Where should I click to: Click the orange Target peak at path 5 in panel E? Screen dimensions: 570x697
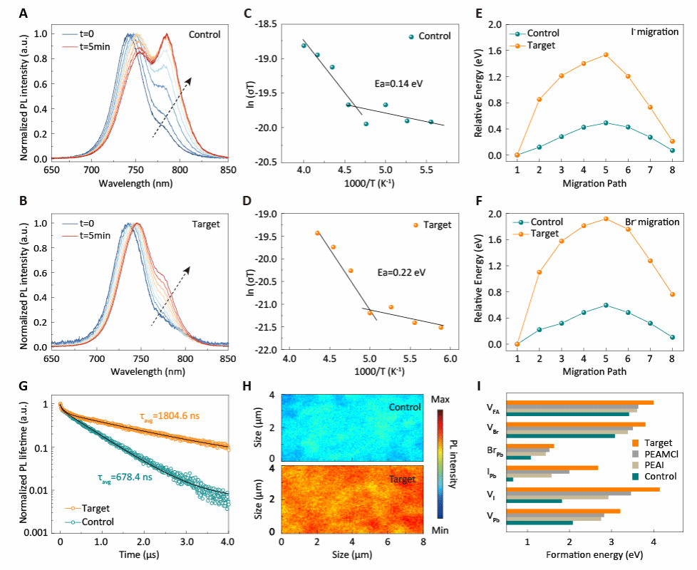[x=606, y=55]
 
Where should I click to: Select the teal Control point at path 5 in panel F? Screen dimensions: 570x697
[x=606, y=305]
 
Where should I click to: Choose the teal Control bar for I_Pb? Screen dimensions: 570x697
[x=510, y=479]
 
